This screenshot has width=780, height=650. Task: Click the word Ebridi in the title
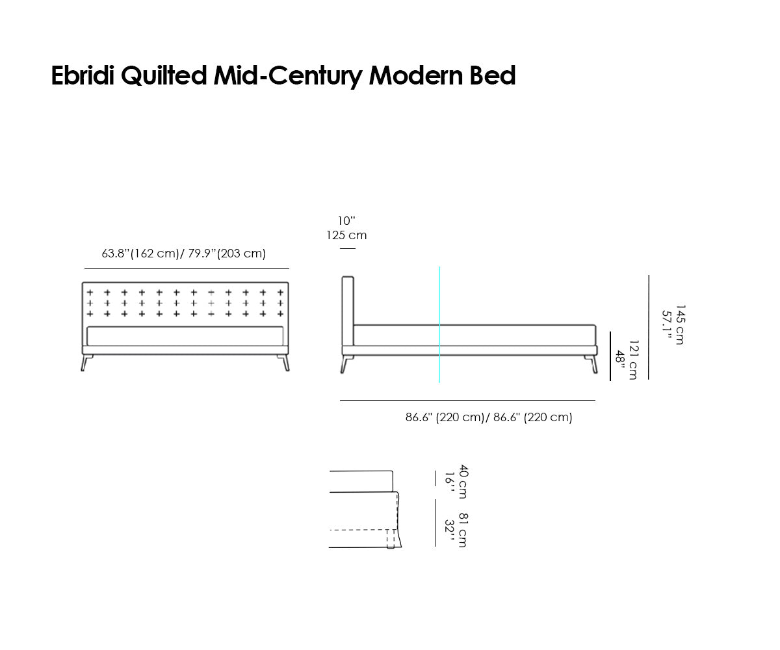pyautogui.click(x=83, y=76)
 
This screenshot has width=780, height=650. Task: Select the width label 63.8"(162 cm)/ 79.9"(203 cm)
pyautogui.click(x=184, y=253)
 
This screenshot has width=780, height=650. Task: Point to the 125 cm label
pyautogui.click(x=346, y=235)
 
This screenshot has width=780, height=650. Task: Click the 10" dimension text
pyautogui.click(x=346, y=221)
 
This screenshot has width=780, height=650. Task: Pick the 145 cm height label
pyautogui.click(x=679, y=324)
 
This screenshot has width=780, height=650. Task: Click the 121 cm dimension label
pyautogui.click(x=632, y=359)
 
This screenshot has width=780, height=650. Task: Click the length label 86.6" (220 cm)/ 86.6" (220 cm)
pyautogui.click(x=489, y=418)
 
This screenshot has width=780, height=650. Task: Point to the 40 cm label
pyautogui.click(x=463, y=481)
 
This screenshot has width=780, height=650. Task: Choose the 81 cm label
pyautogui.click(x=463, y=530)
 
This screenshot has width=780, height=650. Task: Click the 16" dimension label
pyautogui.click(x=448, y=482)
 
